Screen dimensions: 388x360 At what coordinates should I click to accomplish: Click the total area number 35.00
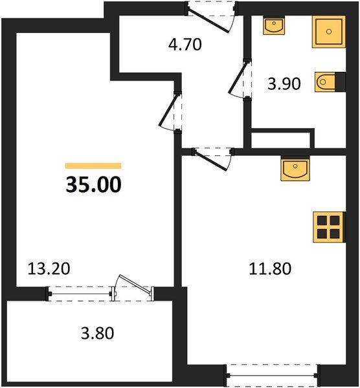[x=93, y=185]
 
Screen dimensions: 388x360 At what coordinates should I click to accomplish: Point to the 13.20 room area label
[x=48, y=267]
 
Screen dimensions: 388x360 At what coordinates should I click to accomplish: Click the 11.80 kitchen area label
[x=270, y=267]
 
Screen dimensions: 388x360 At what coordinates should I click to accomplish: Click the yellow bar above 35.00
[x=93, y=166]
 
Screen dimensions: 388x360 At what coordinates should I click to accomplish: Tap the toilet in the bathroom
[x=325, y=83]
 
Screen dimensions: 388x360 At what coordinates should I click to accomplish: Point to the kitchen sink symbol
[x=296, y=169]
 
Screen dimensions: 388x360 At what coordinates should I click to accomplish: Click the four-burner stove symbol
[x=327, y=227]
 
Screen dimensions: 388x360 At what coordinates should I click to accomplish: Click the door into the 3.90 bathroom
[x=242, y=79]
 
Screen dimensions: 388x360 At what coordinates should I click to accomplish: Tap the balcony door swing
[x=132, y=288]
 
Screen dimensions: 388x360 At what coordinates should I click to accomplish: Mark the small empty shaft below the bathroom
[x=282, y=139]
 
